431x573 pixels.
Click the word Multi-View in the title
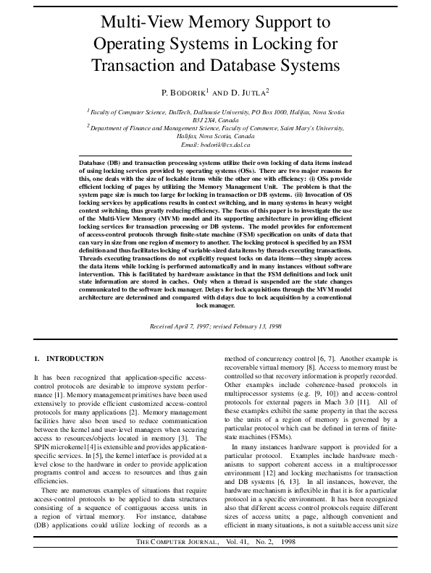coord(141,21)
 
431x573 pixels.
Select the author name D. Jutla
coord(246,93)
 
